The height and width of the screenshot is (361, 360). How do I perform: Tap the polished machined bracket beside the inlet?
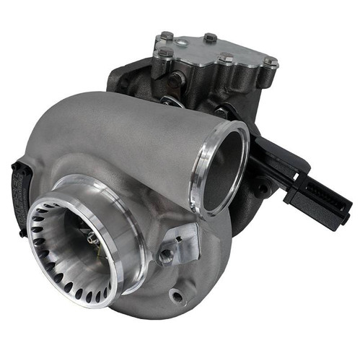point(184,238)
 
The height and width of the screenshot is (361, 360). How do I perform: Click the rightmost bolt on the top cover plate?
point(270,62)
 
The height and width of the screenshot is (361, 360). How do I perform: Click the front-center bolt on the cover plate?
point(226,58)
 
